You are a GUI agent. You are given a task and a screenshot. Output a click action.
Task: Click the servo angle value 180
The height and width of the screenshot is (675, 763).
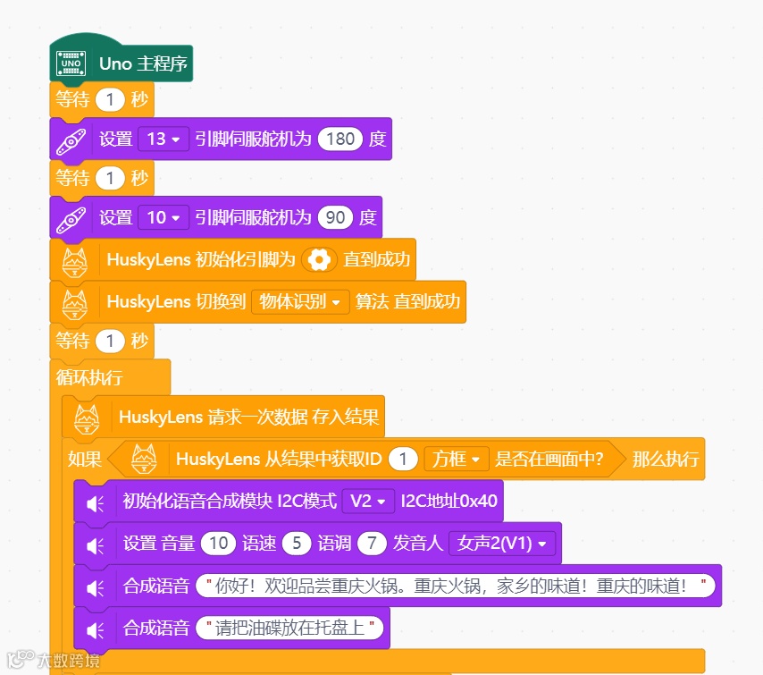tap(340, 139)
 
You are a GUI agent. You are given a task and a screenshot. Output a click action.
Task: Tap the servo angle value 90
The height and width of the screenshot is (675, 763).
tap(335, 217)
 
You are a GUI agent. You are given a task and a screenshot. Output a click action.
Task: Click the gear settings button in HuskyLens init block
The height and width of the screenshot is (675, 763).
tap(319, 260)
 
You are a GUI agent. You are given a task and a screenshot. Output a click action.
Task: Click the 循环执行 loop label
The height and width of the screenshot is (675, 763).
tap(89, 377)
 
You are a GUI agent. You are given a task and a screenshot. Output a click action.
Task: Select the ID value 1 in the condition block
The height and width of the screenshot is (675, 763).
tap(404, 460)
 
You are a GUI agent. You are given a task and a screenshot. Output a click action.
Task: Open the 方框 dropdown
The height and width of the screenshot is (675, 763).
tap(457, 460)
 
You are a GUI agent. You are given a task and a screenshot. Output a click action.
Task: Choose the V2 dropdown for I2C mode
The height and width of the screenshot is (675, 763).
tap(368, 502)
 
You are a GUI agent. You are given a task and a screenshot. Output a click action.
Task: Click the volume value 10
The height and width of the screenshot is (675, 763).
tap(218, 544)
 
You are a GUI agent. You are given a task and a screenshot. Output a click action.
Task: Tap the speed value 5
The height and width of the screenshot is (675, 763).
tap(297, 544)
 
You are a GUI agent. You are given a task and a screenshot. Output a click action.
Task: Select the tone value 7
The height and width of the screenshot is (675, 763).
tap(371, 544)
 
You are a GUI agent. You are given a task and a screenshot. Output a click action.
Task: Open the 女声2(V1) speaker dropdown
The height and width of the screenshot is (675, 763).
tap(503, 544)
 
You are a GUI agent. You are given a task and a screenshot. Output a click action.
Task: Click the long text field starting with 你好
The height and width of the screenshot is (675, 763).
tap(456, 586)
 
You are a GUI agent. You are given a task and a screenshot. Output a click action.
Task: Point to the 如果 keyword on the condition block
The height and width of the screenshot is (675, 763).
tap(85, 460)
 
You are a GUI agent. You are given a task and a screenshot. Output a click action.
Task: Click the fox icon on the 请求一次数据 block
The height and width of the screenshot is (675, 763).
tap(86, 417)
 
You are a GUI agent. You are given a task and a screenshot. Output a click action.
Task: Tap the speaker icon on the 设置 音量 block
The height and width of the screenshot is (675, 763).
tap(96, 544)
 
